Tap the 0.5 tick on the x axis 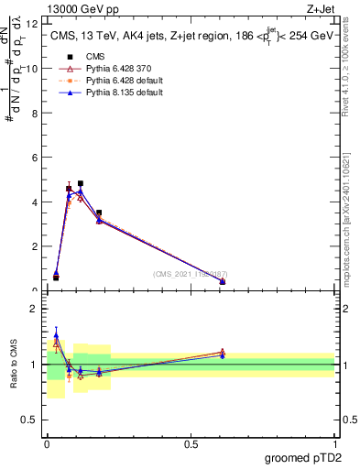191,445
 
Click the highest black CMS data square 81,184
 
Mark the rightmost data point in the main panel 223,281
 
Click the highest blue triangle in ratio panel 56,335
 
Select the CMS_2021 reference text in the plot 191,274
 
